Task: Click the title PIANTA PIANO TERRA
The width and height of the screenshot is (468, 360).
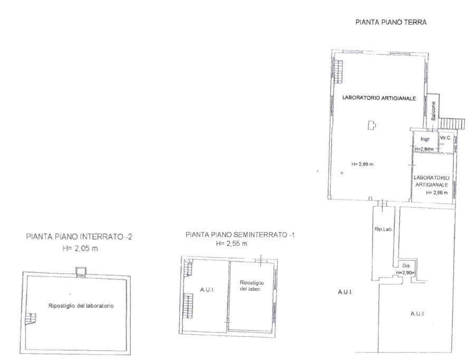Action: click(391, 22)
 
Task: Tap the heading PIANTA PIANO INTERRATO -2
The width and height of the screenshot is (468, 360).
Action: click(79, 236)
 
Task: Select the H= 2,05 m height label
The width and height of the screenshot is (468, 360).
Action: click(80, 249)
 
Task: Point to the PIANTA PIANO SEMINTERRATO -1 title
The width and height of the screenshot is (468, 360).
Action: click(240, 235)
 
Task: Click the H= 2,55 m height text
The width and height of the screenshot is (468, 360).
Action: click(232, 243)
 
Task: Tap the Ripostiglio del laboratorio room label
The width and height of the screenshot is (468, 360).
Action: click(81, 306)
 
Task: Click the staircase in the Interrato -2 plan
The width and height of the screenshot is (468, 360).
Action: click(31, 318)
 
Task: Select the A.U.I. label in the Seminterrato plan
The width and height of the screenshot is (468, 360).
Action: click(207, 290)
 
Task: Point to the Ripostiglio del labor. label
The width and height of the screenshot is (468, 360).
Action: click(252, 286)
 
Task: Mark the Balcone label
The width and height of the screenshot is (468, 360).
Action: click(433, 111)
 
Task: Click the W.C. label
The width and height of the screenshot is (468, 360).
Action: click(446, 138)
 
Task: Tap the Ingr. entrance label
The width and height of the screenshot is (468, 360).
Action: click(425, 139)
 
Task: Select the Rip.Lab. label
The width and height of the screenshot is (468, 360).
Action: click(384, 229)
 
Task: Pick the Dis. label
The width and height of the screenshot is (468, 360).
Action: click(406, 266)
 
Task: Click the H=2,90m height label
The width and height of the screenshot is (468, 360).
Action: click(406, 272)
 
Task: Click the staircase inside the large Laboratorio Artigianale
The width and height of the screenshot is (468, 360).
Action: click(338, 72)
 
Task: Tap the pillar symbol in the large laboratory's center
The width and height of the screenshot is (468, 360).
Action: click(371, 125)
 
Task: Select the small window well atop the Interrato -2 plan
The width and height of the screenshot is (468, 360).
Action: click(81, 272)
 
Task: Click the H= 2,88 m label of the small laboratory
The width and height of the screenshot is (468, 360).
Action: click(437, 193)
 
